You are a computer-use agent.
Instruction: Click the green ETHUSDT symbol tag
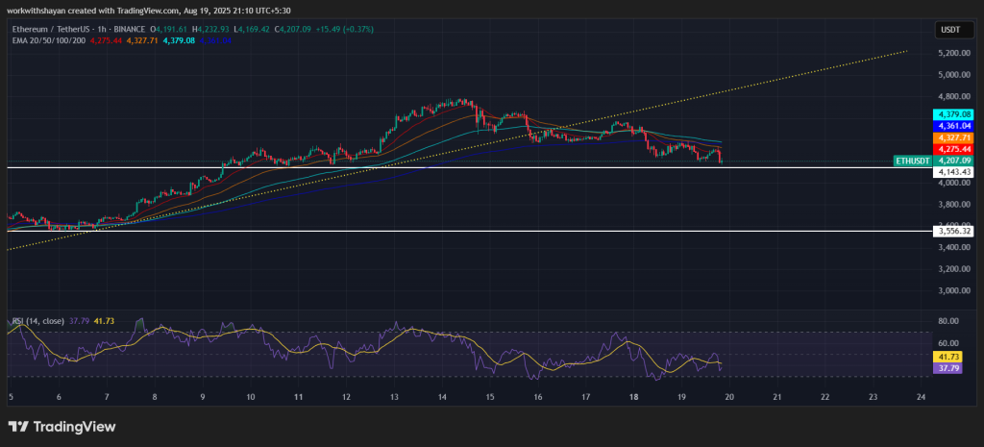tap(912, 161)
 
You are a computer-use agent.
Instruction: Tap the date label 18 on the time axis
tap(633, 396)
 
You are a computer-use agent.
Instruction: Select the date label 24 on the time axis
tap(921, 396)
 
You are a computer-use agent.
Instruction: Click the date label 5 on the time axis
tap(11, 396)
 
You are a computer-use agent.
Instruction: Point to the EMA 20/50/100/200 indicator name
tap(45, 40)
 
